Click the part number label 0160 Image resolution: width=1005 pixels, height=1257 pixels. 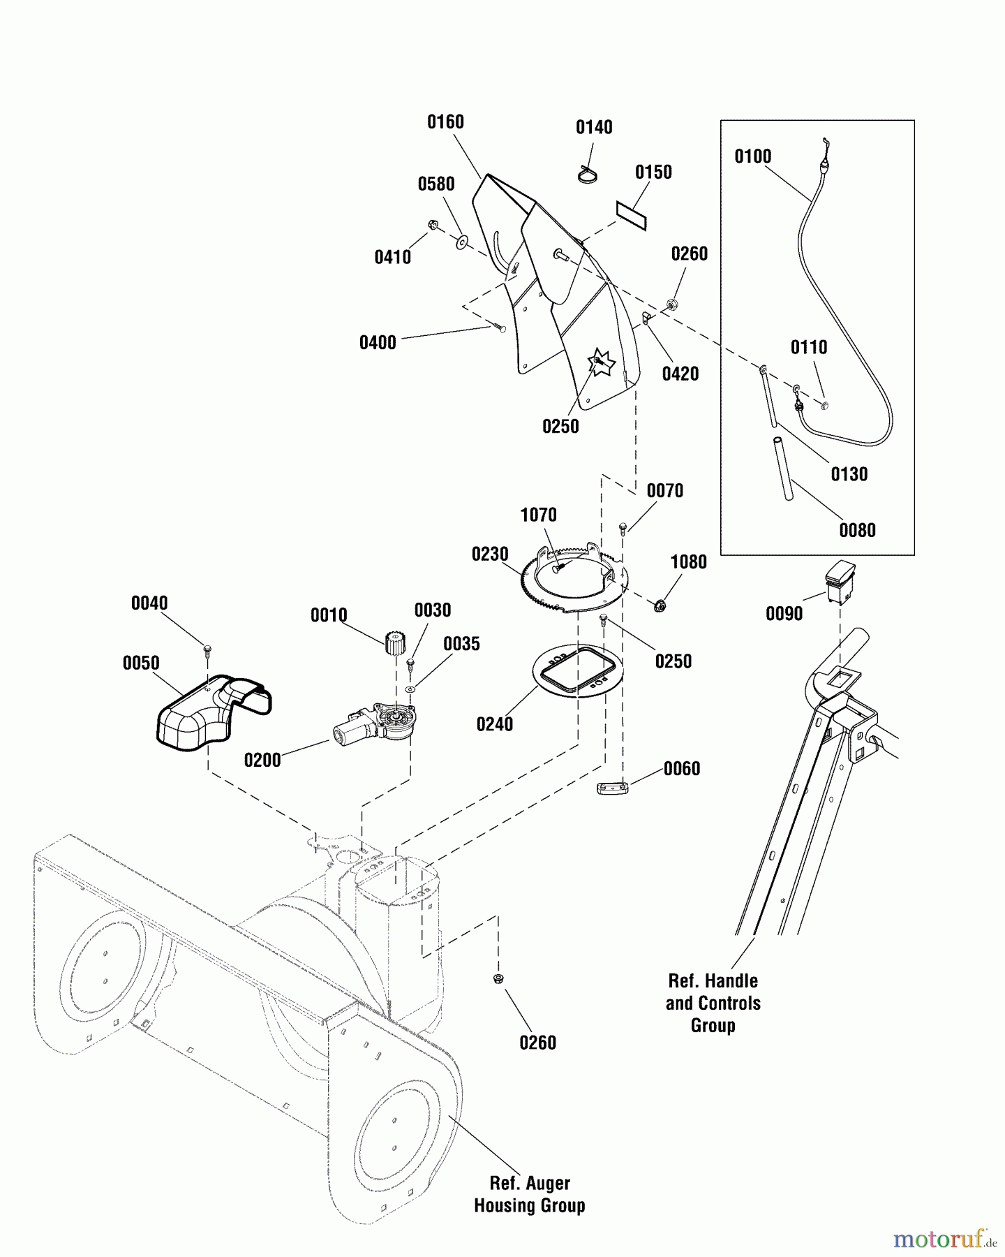pos(445,122)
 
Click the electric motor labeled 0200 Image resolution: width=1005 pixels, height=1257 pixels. pos(373,725)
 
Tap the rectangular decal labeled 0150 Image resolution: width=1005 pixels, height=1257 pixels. pos(632,216)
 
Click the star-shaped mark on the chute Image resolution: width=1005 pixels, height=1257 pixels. pos(600,362)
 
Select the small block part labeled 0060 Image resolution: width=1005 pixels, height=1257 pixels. pos(613,788)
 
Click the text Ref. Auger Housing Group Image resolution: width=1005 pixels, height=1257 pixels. pos(529,1194)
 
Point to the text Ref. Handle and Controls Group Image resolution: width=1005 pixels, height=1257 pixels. pos(713,1003)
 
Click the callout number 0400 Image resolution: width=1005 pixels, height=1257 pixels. pos(378,343)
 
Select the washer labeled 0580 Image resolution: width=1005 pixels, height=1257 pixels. pos(462,242)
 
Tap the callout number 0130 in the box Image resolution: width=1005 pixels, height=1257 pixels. pos(849,474)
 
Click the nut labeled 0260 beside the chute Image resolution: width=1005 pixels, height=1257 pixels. pos(673,304)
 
